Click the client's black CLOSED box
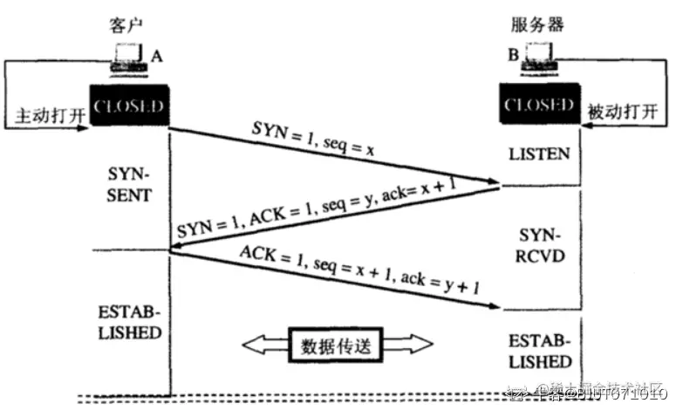click(x=128, y=106)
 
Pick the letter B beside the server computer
click(x=512, y=55)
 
